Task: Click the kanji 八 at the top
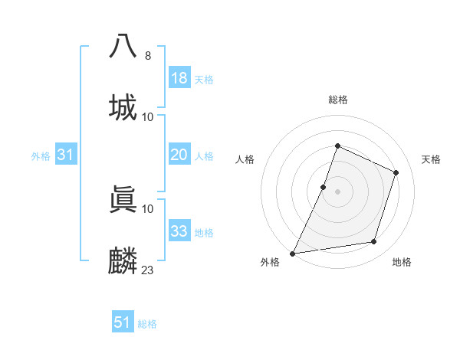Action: click(x=123, y=45)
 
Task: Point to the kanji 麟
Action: click(x=123, y=260)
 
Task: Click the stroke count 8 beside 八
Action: click(x=148, y=55)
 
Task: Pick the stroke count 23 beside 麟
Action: click(x=148, y=270)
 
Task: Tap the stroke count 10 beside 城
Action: click(x=148, y=116)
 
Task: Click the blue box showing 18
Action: click(x=179, y=78)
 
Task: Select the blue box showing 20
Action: click(x=179, y=155)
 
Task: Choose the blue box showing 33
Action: click(x=179, y=231)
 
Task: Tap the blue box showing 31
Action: click(x=66, y=155)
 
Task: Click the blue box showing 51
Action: click(x=123, y=322)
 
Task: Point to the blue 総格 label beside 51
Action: click(x=147, y=324)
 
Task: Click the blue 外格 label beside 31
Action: click(x=41, y=156)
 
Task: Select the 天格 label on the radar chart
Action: click(x=432, y=159)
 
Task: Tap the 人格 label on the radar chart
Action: click(x=245, y=159)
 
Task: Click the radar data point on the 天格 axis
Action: click(x=396, y=172)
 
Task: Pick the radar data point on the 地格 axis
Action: click(x=374, y=242)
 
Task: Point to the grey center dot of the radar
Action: click(x=337, y=191)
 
